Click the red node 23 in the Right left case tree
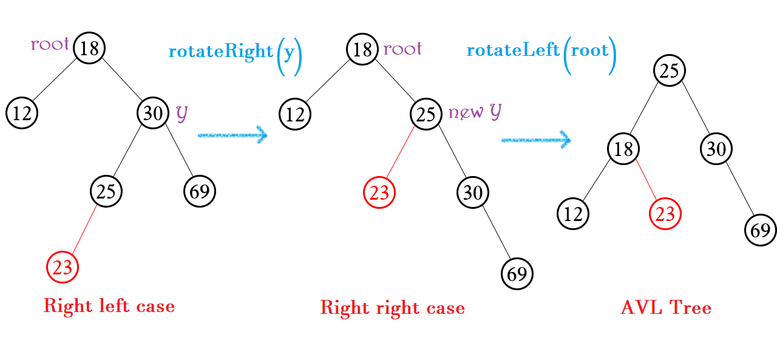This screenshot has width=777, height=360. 63,267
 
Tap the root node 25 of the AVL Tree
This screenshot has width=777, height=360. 669,71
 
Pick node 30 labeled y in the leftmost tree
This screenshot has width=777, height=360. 152,113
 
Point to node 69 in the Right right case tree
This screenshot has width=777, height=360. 517,274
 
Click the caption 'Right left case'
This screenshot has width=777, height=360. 109,306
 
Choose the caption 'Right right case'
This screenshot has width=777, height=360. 392,308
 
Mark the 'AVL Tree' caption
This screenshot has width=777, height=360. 665,308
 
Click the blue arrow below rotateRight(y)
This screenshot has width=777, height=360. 232,135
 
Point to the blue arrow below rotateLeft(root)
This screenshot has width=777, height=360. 536,140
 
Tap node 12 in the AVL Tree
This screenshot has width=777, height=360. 573,213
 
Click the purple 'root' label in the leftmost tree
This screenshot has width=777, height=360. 50,44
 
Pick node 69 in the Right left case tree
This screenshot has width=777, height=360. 200,191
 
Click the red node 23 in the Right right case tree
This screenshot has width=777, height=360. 379,193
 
